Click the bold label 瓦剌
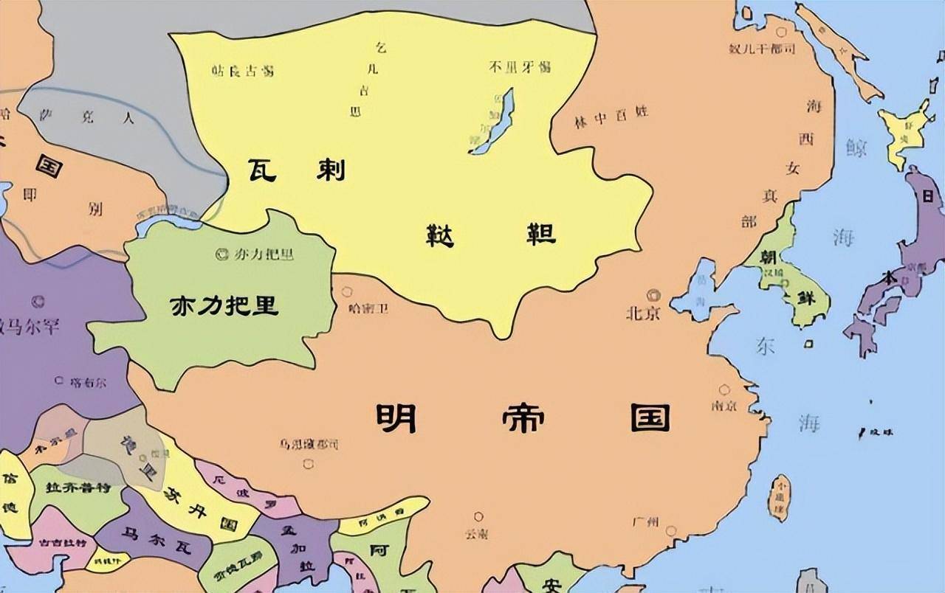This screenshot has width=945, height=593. coord(295,171)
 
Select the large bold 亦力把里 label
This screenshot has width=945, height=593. coord(225,305)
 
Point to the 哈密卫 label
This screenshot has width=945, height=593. coord(368,308)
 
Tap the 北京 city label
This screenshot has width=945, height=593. coord(642,313)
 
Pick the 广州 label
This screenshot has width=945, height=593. coord(645,521)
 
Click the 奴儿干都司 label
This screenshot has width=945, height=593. coord(761,49)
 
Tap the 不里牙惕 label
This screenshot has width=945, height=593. coord(519,67)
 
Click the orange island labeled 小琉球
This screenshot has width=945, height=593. coord(780,496)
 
